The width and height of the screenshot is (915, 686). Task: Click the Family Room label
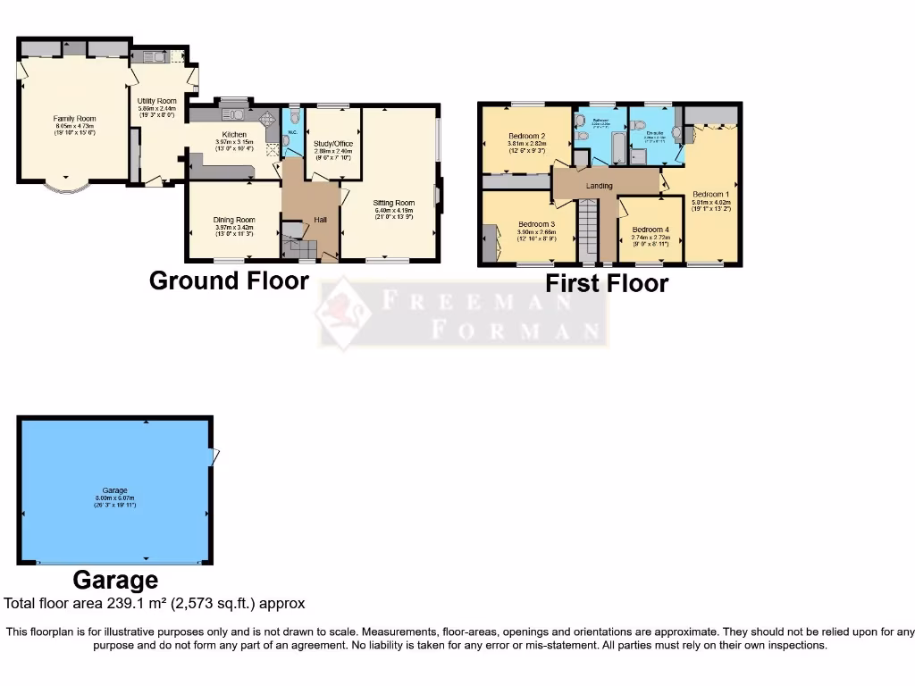tap(74, 119)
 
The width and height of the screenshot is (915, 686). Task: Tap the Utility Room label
tap(157, 101)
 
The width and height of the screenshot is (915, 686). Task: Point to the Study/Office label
tap(333, 143)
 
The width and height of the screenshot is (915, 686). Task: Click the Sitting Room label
tap(394, 203)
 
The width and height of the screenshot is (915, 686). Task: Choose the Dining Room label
tap(234, 220)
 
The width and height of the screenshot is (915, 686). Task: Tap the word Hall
tap(320, 221)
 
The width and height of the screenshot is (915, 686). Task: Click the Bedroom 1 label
tap(711, 194)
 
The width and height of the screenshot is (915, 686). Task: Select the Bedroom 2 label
tap(526, 136)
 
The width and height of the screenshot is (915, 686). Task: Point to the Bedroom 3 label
tap(536, 224)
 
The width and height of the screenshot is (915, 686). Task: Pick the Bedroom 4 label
tap(651, 230)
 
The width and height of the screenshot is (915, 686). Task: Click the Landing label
tap(599, 186)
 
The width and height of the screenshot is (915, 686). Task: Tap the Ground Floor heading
tap(229, 280)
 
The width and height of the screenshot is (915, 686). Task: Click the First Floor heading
tap(607, 284)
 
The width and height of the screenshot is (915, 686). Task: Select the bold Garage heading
tap(115, 581)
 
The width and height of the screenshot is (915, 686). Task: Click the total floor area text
tap(155, 604)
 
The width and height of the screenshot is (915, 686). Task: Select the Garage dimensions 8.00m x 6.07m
tap(114, 498)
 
